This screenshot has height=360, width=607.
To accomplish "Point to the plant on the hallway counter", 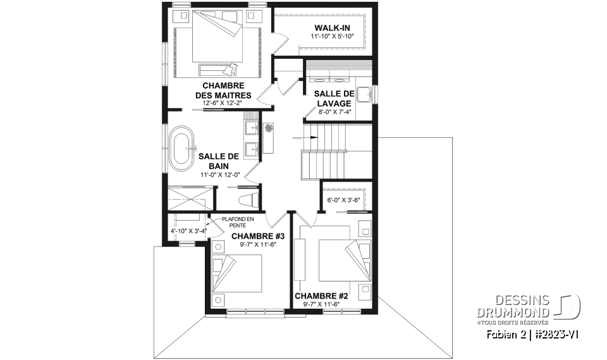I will (x=269, y=128).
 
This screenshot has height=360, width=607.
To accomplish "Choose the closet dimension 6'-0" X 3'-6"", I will (x=343, y=200).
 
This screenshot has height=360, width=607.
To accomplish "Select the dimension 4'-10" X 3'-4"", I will (x=188, y=232).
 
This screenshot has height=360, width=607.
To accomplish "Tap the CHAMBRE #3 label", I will (x=258, y=237).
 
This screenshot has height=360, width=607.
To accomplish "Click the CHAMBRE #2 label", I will (x=321, y=295).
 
